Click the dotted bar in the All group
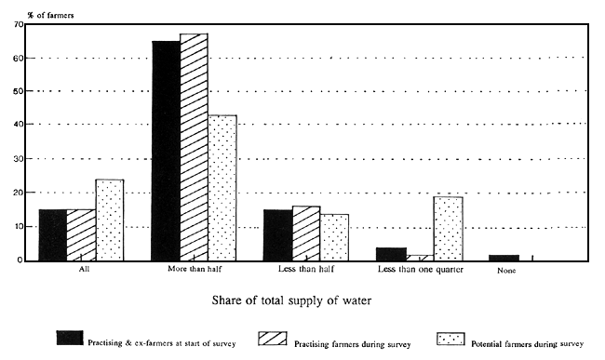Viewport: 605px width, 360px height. point(109,220)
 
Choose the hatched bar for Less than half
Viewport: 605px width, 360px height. point(306,233)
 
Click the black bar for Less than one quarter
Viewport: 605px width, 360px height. point(392,254)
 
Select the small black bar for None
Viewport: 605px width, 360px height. point(504,258)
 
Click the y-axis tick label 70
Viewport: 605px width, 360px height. point(18,24)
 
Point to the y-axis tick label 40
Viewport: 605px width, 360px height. point(18,125)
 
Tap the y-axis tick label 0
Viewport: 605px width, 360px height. point(20,260)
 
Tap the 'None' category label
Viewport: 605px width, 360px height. point(505,271)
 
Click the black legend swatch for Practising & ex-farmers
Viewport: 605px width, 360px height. point(72,337)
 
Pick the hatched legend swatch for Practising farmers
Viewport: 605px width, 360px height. point(262,337)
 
